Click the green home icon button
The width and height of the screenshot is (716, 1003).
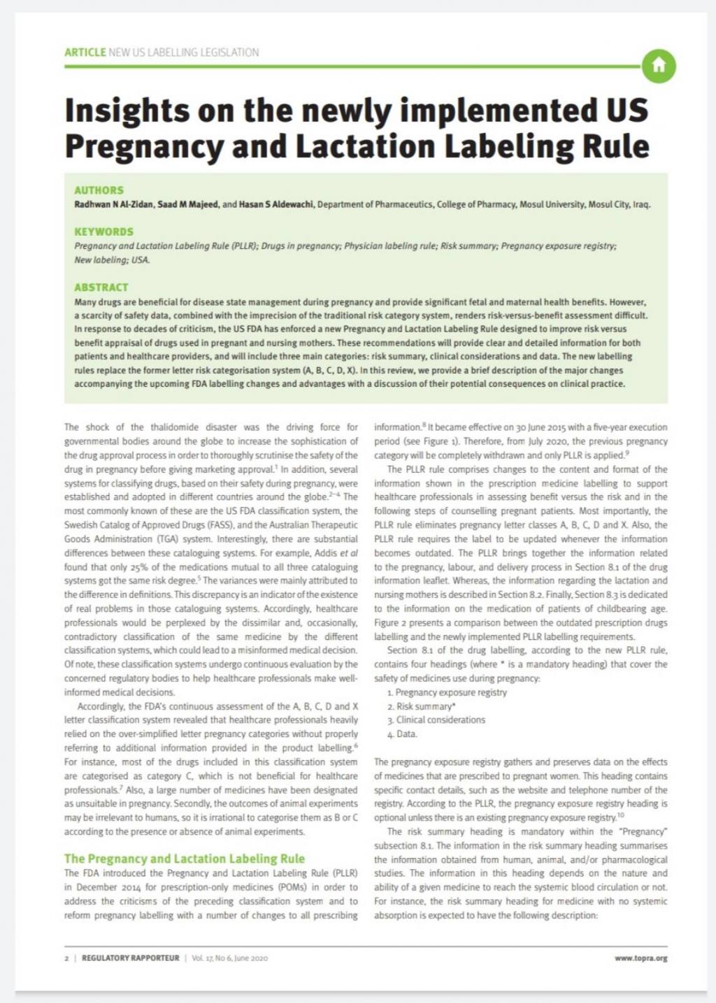658,66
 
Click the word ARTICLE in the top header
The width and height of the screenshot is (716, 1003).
85,52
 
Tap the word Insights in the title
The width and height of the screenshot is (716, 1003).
127,111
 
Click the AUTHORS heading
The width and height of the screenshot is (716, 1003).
99,190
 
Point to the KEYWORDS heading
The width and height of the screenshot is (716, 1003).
103,232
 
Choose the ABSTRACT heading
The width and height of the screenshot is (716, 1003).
101,287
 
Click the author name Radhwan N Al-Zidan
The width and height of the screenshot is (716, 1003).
113,205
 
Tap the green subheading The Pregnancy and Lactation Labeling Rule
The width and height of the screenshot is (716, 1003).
185,859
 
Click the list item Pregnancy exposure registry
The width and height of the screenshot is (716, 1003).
451,692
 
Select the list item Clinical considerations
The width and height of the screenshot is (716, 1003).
441,720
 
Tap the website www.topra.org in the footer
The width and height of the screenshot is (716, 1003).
640,958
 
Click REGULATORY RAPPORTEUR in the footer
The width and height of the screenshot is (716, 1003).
130,958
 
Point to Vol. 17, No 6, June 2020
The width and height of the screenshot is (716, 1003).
229,958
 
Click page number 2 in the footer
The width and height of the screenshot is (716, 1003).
66,958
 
